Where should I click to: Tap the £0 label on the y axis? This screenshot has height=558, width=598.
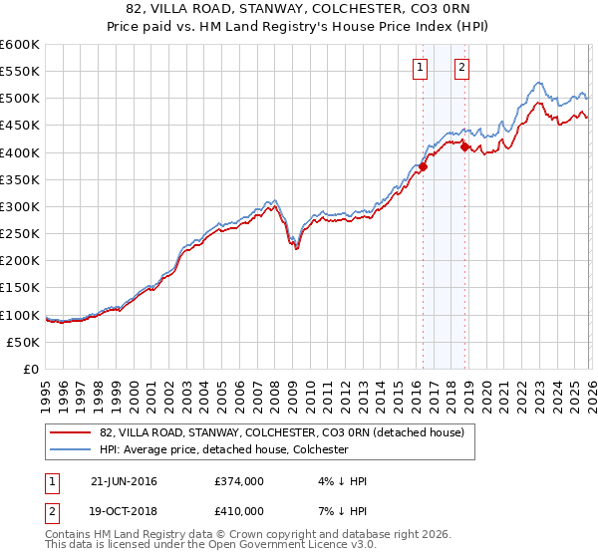point(32,369)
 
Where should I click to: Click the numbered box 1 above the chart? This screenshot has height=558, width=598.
point(422,68)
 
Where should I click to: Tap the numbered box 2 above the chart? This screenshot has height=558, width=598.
point(463,68)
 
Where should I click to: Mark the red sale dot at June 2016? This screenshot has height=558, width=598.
point(423,166)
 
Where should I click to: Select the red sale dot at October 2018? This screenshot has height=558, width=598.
point(464,146)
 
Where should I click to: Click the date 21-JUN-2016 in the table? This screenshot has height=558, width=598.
point(124,481)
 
